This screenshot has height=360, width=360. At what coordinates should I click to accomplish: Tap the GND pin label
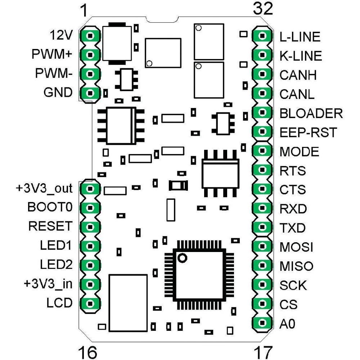pyautogui.click(x=58, y=93)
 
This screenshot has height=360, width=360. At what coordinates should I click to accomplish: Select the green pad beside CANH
pyautogui.click(x=262, y=75)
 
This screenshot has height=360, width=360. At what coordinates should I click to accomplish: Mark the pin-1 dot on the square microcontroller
pyautogui.click(x=183, y=258)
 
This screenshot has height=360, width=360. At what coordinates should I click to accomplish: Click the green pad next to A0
pyautogui.click(x=262, y=324)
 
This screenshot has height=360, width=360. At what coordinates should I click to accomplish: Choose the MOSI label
pyautogui.click(x=296, y=247)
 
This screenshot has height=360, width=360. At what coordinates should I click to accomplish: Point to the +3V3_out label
pyautogui.click(x=44, y=188)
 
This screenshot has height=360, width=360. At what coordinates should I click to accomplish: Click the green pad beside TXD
pyautogui.click(x=262, y=228)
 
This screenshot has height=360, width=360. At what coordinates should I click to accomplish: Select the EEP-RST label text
pyautogui.click(x=308, y=132)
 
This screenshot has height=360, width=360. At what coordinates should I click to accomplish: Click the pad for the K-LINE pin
pyautogui.click(x=262, y=55)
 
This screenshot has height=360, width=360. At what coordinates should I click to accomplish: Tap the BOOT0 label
pyautogui.click(x=50, y=207)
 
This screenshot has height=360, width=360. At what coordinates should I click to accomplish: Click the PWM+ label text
pyautogui.click(x=52, y=55)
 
